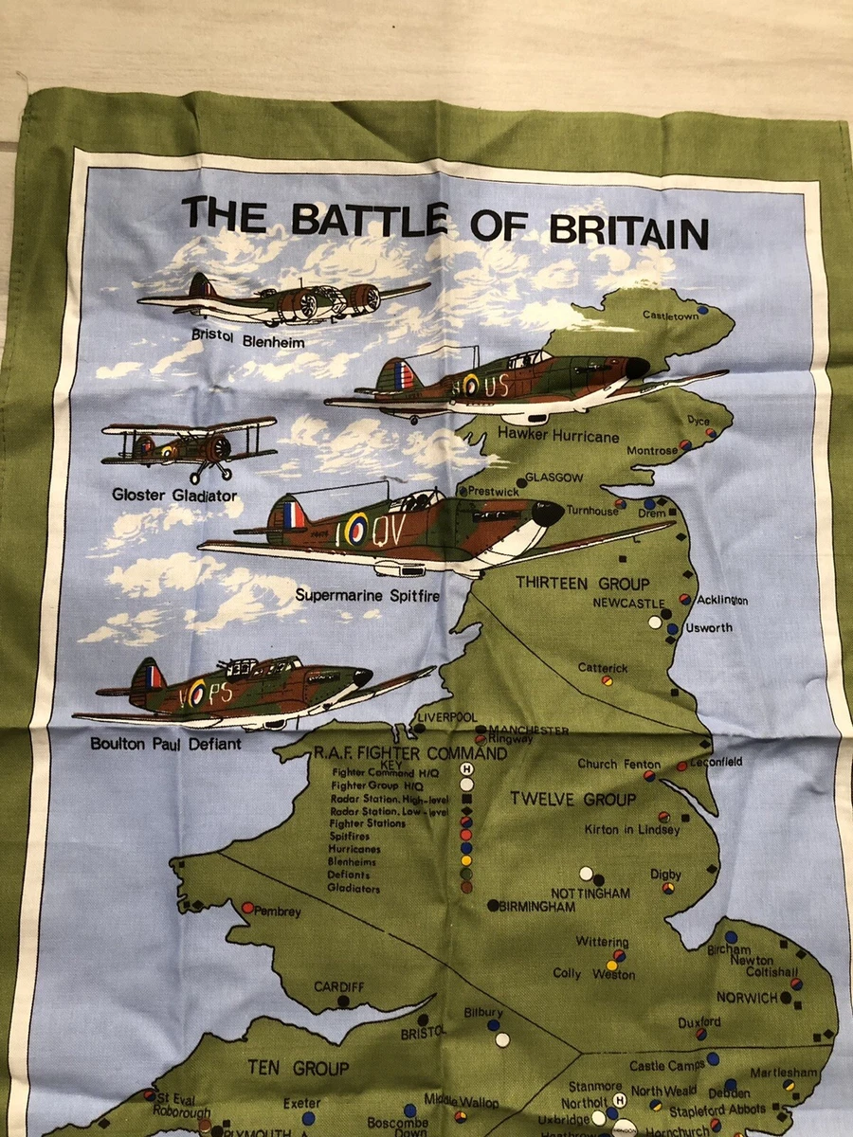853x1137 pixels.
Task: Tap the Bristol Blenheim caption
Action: [x=248, y=338]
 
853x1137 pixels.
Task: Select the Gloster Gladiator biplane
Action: [x=190, y=445]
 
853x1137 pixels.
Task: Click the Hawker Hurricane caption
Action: [x=572, y=437]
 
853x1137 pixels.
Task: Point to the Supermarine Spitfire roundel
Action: [x=355, y=528]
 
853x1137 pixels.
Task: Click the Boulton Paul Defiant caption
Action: [x=166, y=744]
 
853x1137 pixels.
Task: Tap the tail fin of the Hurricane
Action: [x=398, y=376]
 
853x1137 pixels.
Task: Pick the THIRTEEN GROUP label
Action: [x=583, y=584]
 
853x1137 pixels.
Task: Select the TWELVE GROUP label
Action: [x=573, y=799]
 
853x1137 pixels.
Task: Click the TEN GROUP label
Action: [x=299, y=1068]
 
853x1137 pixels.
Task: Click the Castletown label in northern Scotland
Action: [x=669, y=315]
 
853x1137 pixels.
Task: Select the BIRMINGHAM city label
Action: [x=537, y=907]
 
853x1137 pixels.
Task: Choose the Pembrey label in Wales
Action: [x=278, y=911]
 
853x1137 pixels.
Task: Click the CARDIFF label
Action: [x=339, y=987]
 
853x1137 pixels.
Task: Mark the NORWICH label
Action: [x=747, y=998]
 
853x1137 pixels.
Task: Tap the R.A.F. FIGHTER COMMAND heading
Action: [x=410, y=753]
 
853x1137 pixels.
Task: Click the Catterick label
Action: [x=603, y=668]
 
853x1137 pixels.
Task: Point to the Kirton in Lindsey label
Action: [x=632, y=830]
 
